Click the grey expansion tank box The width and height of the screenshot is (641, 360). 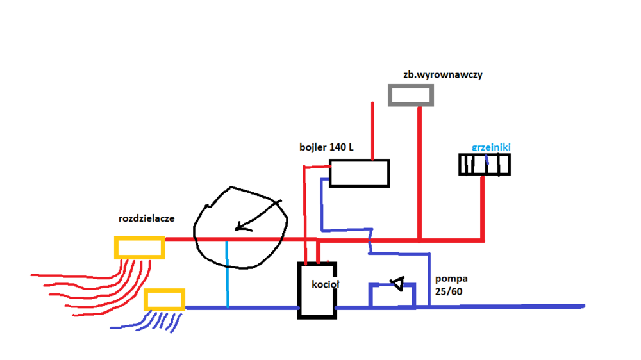tap(411, 95)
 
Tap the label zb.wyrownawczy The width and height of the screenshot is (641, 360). tap(443, 74)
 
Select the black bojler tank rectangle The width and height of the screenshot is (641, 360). tap(359, 173)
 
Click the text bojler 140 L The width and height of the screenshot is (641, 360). tap(326, 147)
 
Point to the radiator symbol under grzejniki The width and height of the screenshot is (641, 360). tap(485, 165)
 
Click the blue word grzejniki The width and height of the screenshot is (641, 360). tap(491, 147)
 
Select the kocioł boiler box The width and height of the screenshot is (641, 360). tap(317, 290)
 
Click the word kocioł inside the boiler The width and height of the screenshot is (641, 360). tap(320, 285)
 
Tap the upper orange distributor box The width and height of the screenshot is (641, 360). tap(139, 247)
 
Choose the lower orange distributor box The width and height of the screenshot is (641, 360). tap(164, 300)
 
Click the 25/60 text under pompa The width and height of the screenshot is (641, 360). tap(449, 292)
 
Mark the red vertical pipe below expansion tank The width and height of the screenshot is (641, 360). tap(419, 173)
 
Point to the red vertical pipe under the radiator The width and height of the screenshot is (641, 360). tap(483, 208)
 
